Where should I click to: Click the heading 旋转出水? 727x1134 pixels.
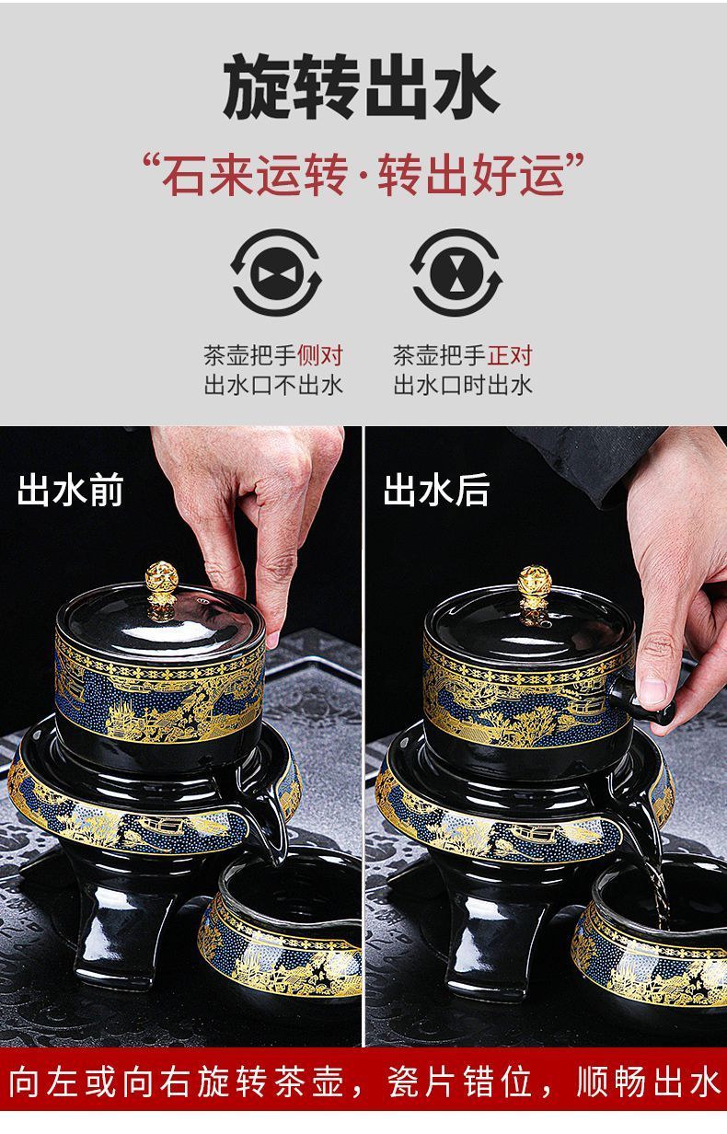(362, 87)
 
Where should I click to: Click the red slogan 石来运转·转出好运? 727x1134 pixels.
(363, 175)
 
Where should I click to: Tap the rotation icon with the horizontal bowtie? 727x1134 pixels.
(276, 272)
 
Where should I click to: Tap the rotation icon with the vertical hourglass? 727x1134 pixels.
(456, 272)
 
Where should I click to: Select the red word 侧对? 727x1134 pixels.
(320, 355)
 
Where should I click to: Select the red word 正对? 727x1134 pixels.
(510, 355)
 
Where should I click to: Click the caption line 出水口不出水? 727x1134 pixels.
(273, 385)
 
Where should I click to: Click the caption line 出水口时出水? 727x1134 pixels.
(463, 385)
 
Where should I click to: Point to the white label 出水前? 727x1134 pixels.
(70, 490)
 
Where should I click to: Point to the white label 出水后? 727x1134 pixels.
(436, 490)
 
